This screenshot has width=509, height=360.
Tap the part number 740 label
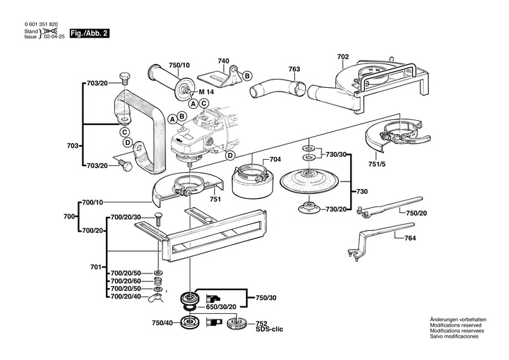[223, 61]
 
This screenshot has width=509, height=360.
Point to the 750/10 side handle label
[179, 65]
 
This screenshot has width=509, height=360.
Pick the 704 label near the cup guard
[275, 160]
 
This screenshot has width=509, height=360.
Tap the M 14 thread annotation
[206, 92]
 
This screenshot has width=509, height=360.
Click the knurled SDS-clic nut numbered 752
[236, 322]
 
